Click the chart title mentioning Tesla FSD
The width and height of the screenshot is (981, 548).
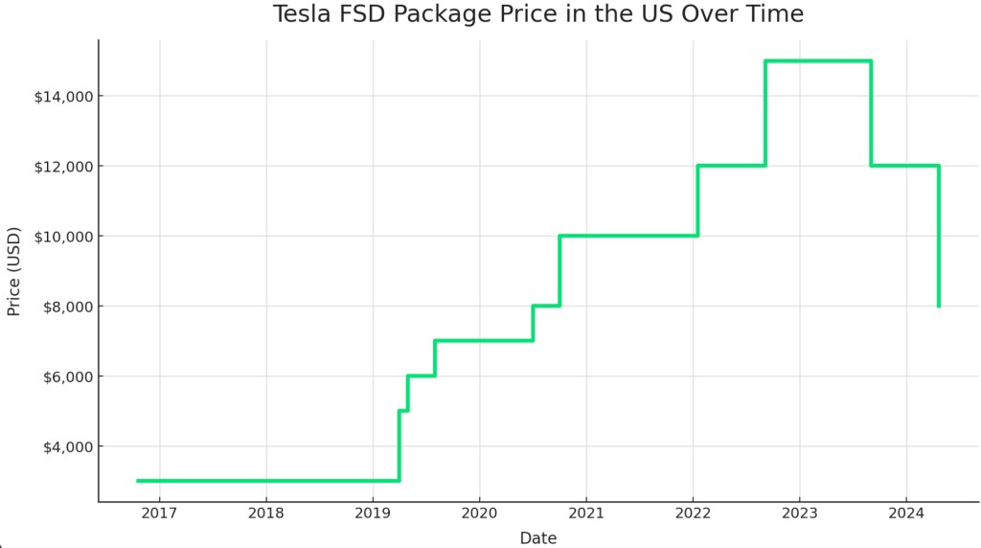click(x=537, y=14)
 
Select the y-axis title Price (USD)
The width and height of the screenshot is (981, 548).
click(x=14, y=271)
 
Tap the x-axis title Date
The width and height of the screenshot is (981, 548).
click(x=537, y=538)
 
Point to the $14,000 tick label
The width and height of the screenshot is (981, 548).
click(x=62, y=96)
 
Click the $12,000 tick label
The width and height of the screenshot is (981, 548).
click(x=62, y=167)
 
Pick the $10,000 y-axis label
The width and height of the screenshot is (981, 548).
click(x=62, y=237)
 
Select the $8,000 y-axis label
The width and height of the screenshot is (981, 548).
click(x=66, y=307)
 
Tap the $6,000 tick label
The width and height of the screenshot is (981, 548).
click(x=66, y=377)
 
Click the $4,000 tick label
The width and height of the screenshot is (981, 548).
click(x=66, y=446)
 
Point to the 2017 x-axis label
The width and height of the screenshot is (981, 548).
click(x=160, y=514)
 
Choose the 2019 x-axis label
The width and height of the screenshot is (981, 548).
click(x=373, y=514)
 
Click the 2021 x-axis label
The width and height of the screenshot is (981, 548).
click(x=586, y=514)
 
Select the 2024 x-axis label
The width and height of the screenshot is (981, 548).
click(x=905, y=514)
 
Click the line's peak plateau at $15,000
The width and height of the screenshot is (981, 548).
click(x=817, y=61)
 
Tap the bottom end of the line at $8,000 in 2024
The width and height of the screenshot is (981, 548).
click(x=938, y=306)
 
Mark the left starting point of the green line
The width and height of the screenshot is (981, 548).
click(x=138, y=481)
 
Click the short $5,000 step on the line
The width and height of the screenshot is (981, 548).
click(x=403, y=410)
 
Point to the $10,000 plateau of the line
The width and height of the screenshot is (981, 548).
click(x=627, y=236)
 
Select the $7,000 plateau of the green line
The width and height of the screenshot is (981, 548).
click(x=484, y=340)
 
